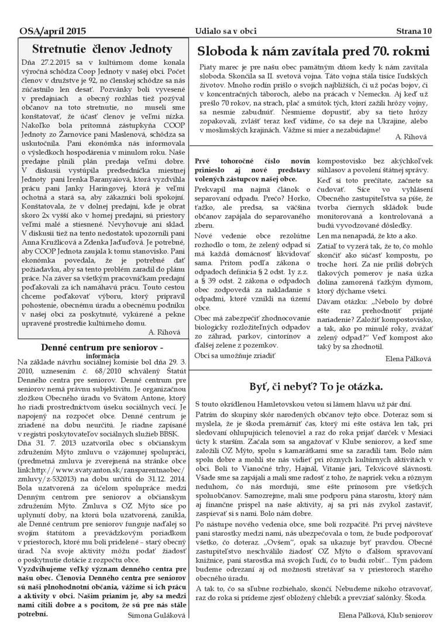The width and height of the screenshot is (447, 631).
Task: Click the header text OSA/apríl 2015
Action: pyautogui.click(x=52, y=30)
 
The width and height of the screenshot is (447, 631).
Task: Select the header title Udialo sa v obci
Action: pyautogui.click(x=226, y=30)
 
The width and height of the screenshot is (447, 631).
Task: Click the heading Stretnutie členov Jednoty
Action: pyautogui.click(x=102, y=49)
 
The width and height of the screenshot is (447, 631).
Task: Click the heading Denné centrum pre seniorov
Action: pyautogui.click(x=97, y=348)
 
